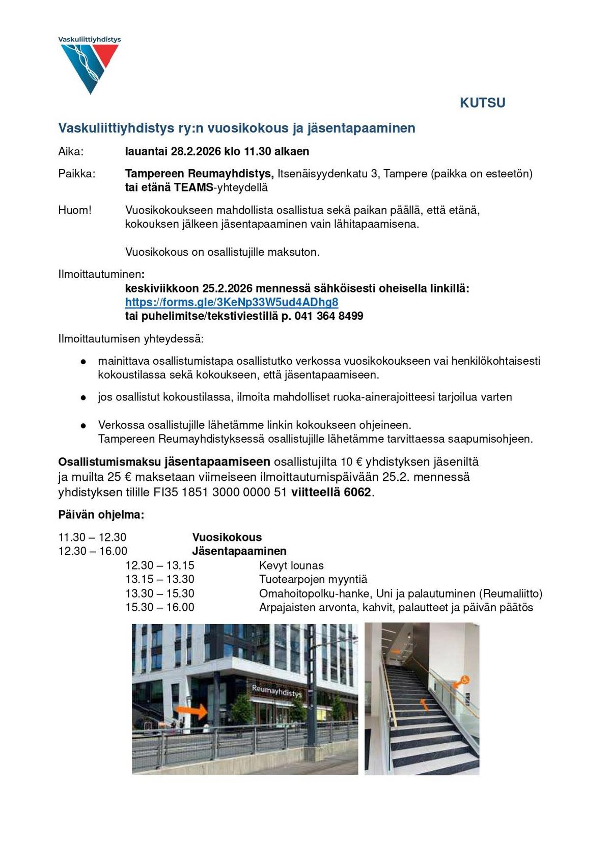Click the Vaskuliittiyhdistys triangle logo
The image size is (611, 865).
[x=90, y=66]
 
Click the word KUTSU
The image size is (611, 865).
[x=482, y=103]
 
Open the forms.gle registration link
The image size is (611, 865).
[x=232, y=302]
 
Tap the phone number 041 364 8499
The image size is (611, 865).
[x=329, y=316]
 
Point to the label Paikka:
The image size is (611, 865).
[x=77, y=174]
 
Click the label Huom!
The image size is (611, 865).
[x=75, y=210]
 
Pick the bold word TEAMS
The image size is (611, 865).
[x=193, y=187]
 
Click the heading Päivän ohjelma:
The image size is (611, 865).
[x=101, y=515]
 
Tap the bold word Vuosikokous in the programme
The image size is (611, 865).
[x=227, y=537]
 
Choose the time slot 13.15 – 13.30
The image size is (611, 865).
[x=160, y=579]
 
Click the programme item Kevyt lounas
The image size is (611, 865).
[x=291, y=565]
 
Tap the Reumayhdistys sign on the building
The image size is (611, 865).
[x=276, y=691]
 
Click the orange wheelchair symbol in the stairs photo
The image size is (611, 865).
[x=464, y=680]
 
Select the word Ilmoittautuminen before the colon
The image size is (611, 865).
[x=99, y=275]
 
